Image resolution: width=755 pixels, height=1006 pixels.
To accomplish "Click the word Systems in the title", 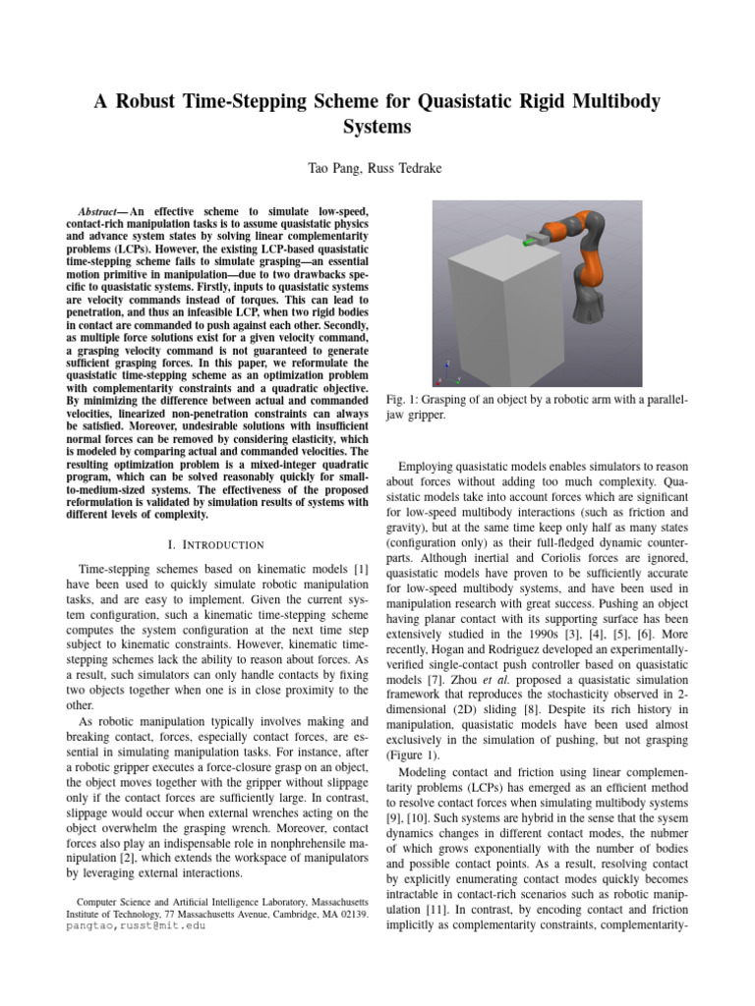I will (x=377, y=128).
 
